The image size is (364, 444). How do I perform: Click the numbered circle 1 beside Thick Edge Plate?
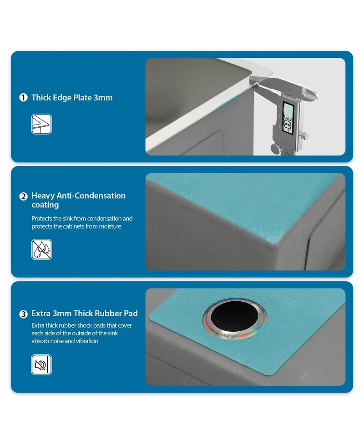point(23,98)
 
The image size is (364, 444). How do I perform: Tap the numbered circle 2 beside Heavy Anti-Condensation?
point(23,196)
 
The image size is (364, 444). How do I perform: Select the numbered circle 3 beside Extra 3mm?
point(23,314)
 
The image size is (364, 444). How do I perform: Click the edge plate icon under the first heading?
point(41,124)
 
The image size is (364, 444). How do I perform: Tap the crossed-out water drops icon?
point(41,249)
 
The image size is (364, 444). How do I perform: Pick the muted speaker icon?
point(41,365)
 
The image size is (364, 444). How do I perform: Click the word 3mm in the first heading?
point(103,98)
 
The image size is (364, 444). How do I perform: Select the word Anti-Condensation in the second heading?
point(91,196)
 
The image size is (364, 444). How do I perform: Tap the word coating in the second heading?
point(45,205)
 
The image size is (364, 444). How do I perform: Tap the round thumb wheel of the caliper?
point(275,148)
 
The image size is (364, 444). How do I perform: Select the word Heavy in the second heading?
point(43,196)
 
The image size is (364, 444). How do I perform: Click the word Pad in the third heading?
point(131,314)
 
